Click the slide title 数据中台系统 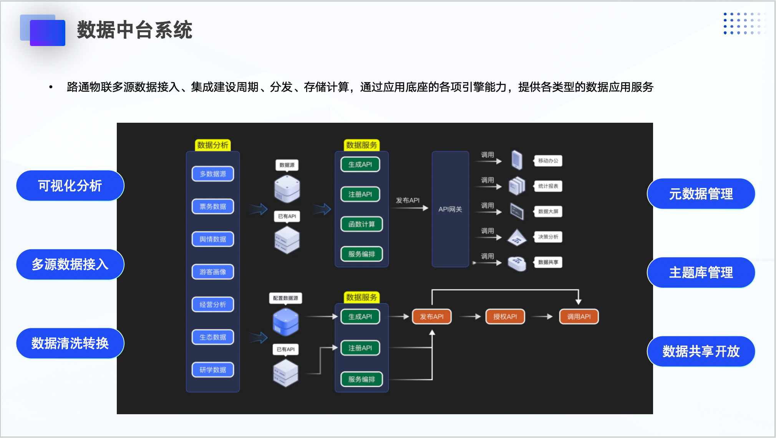(x=134, y=30)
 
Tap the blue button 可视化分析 (x=70, y=186)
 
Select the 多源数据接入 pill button (x=70, y=264)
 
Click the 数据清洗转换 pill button (x=70, y=343)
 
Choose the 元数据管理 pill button (x=701, y=194)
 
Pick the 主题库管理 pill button (x=701, y=273)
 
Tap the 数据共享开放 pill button (x=701, y=351)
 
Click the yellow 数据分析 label (x=213, y=145)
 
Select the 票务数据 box (x=213, y=206)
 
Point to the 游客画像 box (x=213, y=272)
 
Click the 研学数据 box (x=213, y=370)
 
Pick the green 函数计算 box (x=361, y=224)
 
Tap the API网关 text (x=450, y=209)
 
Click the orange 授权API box (x=505, y=316)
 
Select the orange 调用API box (x=579, y=316)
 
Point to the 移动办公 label (x=548, y=161)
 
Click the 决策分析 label (x=548, y=237)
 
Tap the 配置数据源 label (x=285, y=298)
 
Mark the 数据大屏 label (x=548, y=211)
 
